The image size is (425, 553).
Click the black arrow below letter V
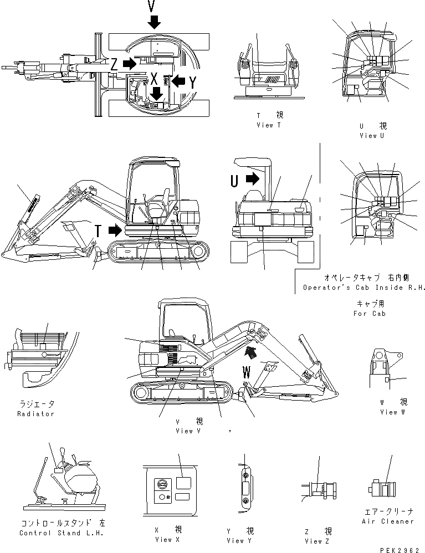tap(154, 22)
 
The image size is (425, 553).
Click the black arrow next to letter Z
tap(129, 64)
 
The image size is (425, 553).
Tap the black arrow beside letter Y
tap(177, 81)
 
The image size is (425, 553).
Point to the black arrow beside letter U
tap(252, 179)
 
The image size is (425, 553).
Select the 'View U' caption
tap(372, 135)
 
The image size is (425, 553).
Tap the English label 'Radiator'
tap(35, 414)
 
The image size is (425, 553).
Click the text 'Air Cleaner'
tap(387, 521)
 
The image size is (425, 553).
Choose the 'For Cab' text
tap(371, 313)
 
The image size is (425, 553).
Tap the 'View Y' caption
tap(239, 540)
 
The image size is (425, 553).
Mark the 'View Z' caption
tap(318, 540)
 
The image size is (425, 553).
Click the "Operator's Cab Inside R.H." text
tap(363, 288)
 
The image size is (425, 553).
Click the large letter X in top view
tap(154, 78)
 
